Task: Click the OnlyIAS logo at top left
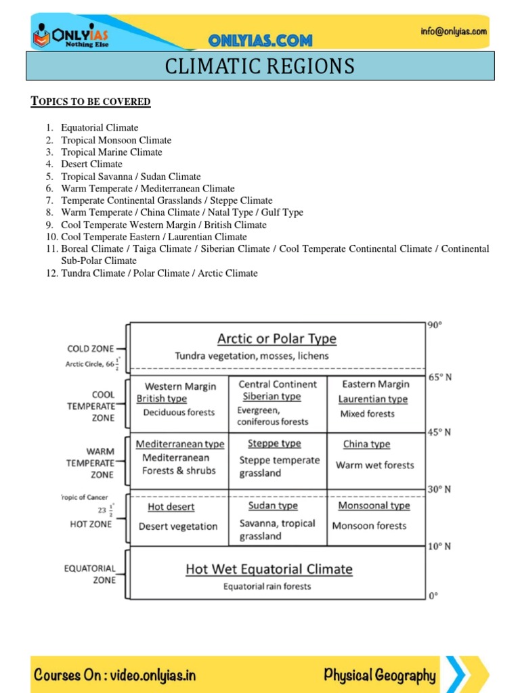(x=72, y=33)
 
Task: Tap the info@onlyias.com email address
(x=452, y=31)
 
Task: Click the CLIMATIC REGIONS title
(x=260, y=66)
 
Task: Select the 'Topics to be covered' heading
(x=91, y=102)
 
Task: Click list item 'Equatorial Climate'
(x=100, y=128)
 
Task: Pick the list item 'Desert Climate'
(x=91, y=164)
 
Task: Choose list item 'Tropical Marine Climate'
(x=112, y=152)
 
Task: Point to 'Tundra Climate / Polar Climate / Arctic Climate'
(x=159, y=273)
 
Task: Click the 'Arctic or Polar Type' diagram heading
(x=276, y=338)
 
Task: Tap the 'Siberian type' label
(x=272, y=397)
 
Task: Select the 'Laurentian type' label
(x=373, y=399)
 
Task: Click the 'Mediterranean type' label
(x=180, y=444)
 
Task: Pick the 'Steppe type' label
(x=274, y=443)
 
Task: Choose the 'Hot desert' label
(x=171, y=507)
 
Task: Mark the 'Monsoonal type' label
(x=374, y=506)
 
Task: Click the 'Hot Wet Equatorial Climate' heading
(x=269, y=569)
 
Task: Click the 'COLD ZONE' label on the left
(x=91, y=349)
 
